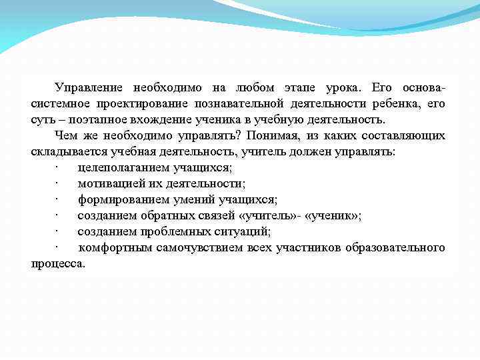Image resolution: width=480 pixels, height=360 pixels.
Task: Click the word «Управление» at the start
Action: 88,88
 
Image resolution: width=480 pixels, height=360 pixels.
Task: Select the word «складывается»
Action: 63,152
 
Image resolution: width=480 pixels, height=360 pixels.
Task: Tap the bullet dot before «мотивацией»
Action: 58,184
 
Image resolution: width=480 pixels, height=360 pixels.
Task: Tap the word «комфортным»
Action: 115,248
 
